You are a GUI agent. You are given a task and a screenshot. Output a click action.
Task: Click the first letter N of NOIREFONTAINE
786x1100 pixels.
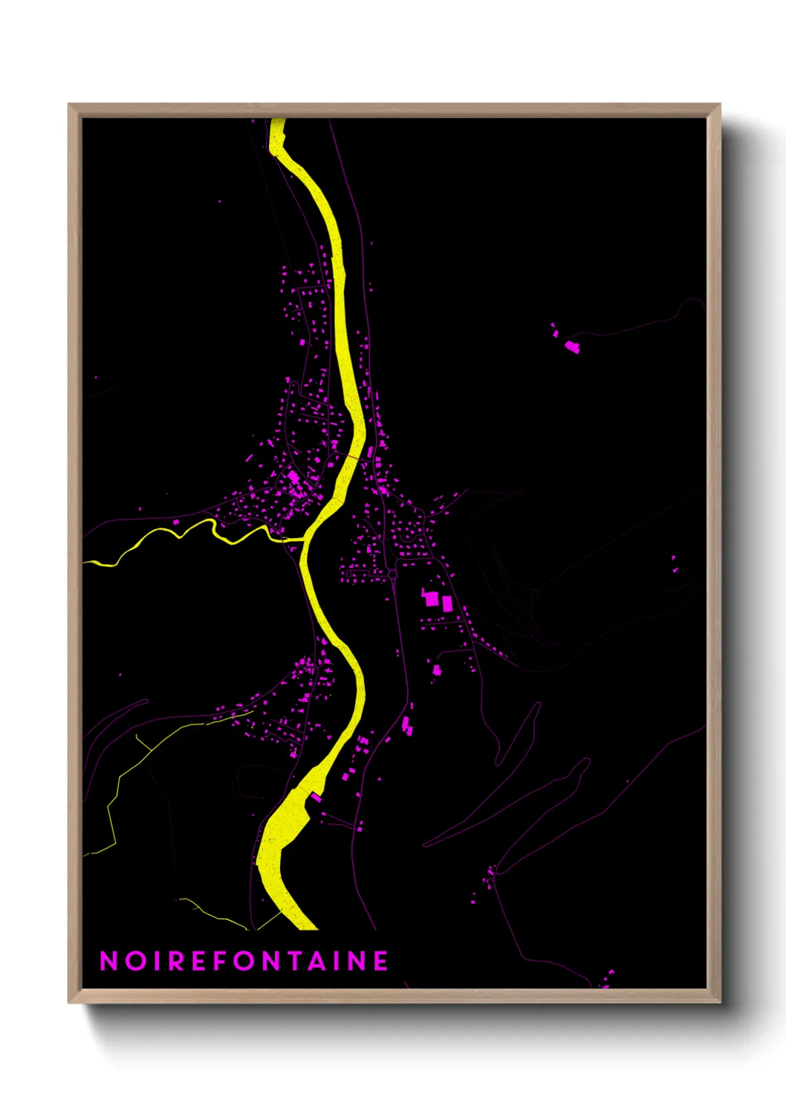[108, 961]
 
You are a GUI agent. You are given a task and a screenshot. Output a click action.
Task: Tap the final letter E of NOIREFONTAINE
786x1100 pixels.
[380, 961]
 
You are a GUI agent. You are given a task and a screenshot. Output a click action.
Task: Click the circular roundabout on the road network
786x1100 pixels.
[392, 575]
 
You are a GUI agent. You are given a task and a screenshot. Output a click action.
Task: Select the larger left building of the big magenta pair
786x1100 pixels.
[431, 598]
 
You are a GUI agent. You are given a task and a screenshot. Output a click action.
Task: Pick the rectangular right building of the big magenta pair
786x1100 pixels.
[447, 604]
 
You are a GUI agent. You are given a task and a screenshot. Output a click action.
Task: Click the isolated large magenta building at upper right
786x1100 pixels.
[571, 346]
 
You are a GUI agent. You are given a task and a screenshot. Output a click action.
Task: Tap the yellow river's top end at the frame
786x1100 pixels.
[277, 121]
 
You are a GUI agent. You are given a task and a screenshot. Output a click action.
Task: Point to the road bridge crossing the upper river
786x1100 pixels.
[357, 456]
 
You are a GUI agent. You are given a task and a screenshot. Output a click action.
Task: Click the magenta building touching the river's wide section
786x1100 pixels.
[315, 797]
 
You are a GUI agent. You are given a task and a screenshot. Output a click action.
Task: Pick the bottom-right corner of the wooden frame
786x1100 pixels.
[718, 1001]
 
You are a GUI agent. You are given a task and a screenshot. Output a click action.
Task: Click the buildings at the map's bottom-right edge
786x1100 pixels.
[607, 979]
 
